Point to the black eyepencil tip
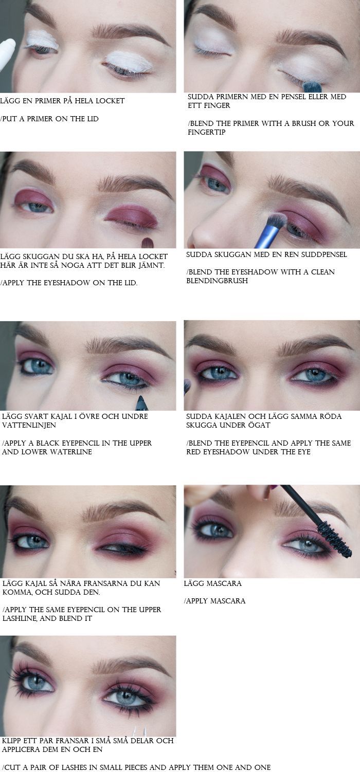(141, 399)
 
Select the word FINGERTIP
(207, 132)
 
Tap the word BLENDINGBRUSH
(217, 281)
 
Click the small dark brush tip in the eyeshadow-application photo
(147, 243)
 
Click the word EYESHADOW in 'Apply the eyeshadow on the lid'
(65, 283)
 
